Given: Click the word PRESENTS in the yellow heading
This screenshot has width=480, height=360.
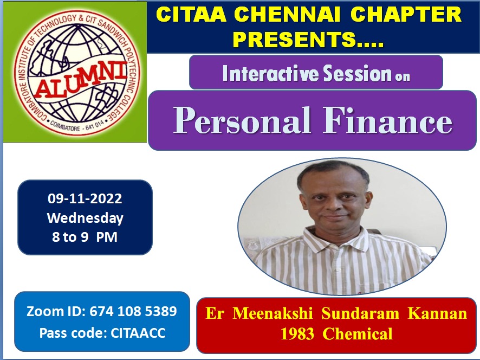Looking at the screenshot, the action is pyautogui.click(x=308, y=39).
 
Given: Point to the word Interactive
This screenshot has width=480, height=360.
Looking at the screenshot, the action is pyautogui.click(x=271, y=73).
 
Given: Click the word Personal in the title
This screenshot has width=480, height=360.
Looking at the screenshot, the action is pyautogui.click(x=242, y=120).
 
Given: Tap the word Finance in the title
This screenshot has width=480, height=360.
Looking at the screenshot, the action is pyautogui.click(x=387, y=120).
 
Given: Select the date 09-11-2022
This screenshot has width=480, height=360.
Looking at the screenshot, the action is pyautogui.click(x=85, y=198).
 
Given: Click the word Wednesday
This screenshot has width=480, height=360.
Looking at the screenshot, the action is pyautogui.click(x=85, y=218).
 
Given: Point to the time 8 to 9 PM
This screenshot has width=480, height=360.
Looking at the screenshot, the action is pyautogui.click(x=85, y=237).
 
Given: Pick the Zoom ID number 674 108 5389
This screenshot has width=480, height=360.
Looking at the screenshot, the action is pyautogui.click(x=133, y=311).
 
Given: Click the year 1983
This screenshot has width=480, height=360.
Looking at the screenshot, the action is pyautogui.click(x=297, y=333).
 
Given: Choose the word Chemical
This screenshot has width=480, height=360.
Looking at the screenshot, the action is pyautogui.click(x=358, y=333).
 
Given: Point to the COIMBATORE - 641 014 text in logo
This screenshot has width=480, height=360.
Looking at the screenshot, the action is pyautogui.click(x=77, y=126).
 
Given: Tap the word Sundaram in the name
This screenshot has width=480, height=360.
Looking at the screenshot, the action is pyautogui.click(x=360, y=313).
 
